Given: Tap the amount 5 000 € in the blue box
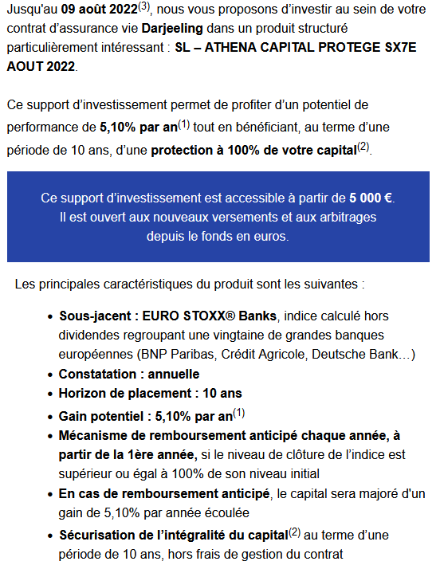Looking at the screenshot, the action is click(371, 198).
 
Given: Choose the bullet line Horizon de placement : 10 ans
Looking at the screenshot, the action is click(150, 393).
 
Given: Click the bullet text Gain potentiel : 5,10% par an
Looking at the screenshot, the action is click(146, 416).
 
